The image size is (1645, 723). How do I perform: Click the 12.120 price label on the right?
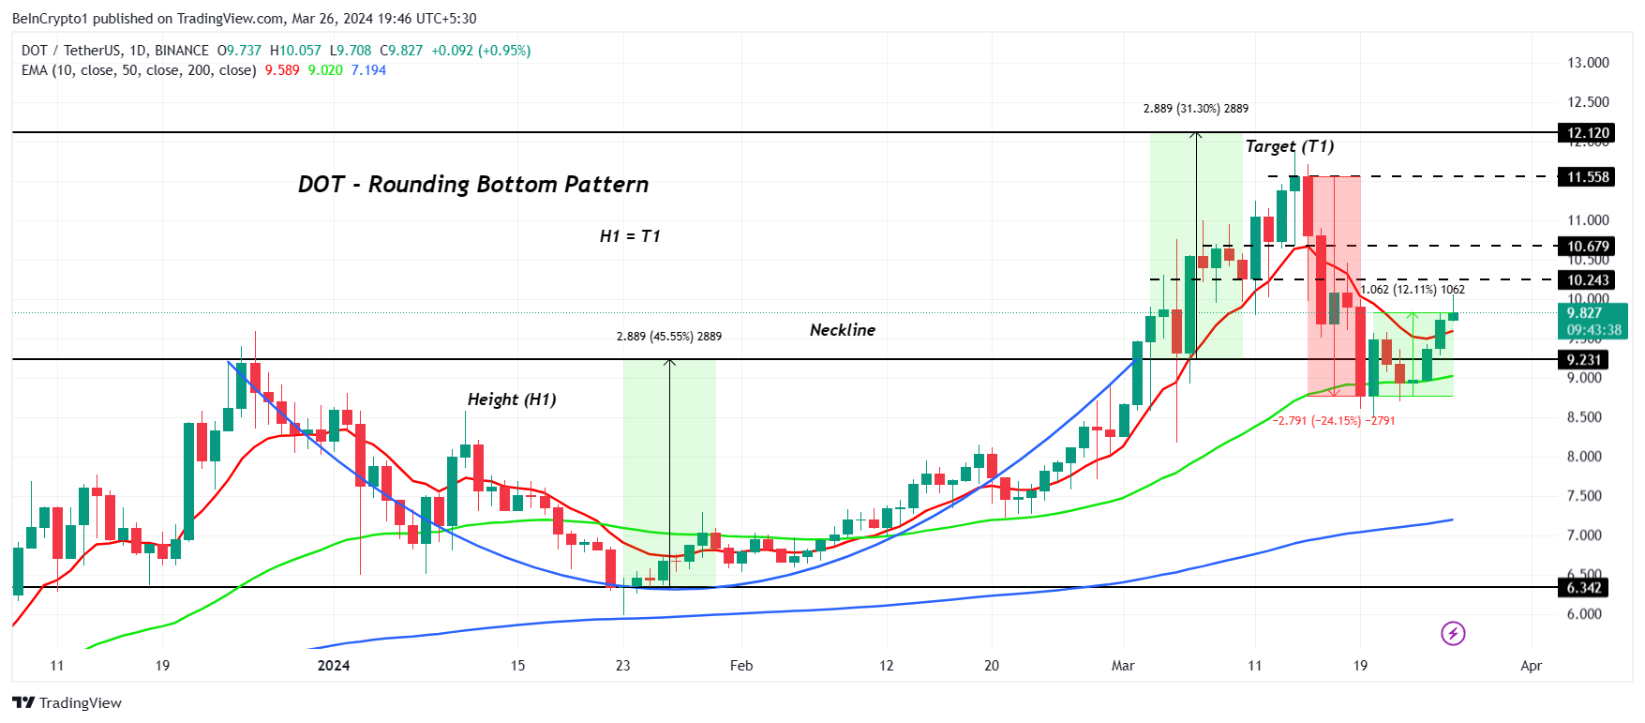tap(1588, 133)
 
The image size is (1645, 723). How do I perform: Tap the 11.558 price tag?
tap(1588, 177)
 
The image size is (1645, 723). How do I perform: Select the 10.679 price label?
tap(1588, 247)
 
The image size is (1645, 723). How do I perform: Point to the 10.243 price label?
tap(1588, 280)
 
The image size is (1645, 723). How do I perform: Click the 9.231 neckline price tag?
tap(1584, 360)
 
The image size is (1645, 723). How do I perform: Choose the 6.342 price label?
tap(1584, 588)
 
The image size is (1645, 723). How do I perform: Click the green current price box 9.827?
tap(1593, 321)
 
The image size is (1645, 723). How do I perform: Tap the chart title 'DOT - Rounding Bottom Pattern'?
tap(473, 185)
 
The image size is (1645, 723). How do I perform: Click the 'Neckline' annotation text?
tap(842, 330)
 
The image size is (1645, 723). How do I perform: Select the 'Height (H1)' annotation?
tap(512, 399)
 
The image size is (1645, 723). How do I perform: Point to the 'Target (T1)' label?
tap(1289, 146)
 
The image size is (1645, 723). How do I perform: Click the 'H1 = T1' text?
tap(630, 236)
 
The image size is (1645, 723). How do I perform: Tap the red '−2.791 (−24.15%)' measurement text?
tap(1333, 421)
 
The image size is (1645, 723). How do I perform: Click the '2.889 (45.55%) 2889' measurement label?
tap(668, 337)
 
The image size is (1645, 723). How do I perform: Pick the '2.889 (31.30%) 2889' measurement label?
tap(1195, 109)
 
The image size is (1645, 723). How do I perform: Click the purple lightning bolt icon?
tap(1453, 634)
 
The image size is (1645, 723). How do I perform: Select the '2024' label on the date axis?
tap(334, 666)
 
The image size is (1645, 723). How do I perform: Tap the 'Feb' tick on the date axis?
tap(741, 666)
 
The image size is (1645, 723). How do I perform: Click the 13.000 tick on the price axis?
tap(1588, 63)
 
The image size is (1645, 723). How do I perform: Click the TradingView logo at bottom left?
tap(67, 703)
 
